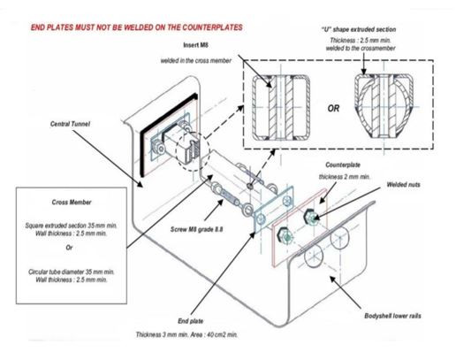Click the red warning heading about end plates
point(137,27)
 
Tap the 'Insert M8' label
point(195,45)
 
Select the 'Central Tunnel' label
point(70,124)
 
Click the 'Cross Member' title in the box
point(72,202)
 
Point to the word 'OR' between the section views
point(333,108)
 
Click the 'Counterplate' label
point(343,165)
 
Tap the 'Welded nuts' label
point(403,184)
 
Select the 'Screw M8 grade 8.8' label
point(197,229)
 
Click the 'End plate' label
point(191,321)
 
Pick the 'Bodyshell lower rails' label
point(392,316)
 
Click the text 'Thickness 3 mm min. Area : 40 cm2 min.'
point(186,334)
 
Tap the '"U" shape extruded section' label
point(359,29)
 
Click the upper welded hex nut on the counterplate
point(309,216)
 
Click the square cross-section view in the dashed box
point(280,108)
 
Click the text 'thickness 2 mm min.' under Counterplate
point(345,177)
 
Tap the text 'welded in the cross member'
point(196,61)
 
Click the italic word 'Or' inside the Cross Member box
point(70,248)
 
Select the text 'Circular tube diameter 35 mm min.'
point(72,272)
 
